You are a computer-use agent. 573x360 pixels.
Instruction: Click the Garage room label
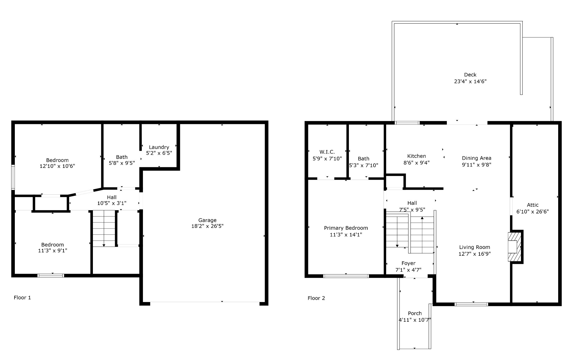[x=207, y=220]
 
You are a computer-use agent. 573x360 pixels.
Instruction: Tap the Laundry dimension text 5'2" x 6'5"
[x=159, y=153]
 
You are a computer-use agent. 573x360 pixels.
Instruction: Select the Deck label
[x=470, y=75]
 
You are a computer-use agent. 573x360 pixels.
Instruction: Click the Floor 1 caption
[x=22, y=298]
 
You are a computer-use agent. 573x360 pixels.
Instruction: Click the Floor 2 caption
[x=316, y=298]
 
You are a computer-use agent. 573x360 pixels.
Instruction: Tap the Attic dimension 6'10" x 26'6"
[x=532, y=212]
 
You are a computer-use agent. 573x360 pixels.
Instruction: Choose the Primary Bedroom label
[x=346, y=228]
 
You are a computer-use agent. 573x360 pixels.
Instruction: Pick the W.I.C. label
[x=327, y=152]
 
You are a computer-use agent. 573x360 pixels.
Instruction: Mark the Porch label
[x=415, y=313]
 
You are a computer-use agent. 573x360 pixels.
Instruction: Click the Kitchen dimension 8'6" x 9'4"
[x=416, y=163]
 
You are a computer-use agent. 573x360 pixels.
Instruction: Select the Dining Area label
[x=476, y=158]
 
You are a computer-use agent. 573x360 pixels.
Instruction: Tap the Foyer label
[x=408, y=263]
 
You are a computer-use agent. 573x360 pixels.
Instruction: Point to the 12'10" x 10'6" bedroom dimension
[x=57, y=166]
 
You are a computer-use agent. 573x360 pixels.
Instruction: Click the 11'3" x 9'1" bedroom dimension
[x=53, y=251]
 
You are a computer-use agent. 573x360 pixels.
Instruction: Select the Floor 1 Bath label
[x=122, y=157]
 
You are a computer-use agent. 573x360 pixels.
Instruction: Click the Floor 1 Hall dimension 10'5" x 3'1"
[x=112, y=203]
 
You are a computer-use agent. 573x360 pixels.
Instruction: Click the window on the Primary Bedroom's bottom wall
[x=346, y=276]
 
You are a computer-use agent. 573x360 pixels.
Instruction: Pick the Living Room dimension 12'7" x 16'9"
[x=475, y=254]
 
